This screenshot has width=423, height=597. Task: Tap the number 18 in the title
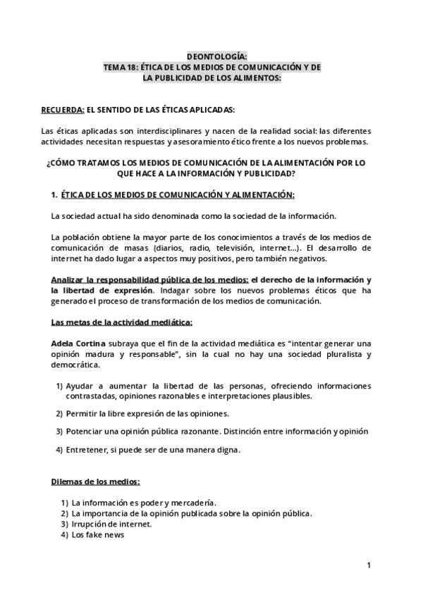(130, 67)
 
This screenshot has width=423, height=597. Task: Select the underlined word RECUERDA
(62, 110)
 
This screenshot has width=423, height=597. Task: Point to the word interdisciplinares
(167, 131)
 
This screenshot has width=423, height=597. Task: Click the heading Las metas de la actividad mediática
(122, 322)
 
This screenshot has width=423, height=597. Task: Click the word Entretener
(89, 449)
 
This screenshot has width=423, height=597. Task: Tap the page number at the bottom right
(369, 565)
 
